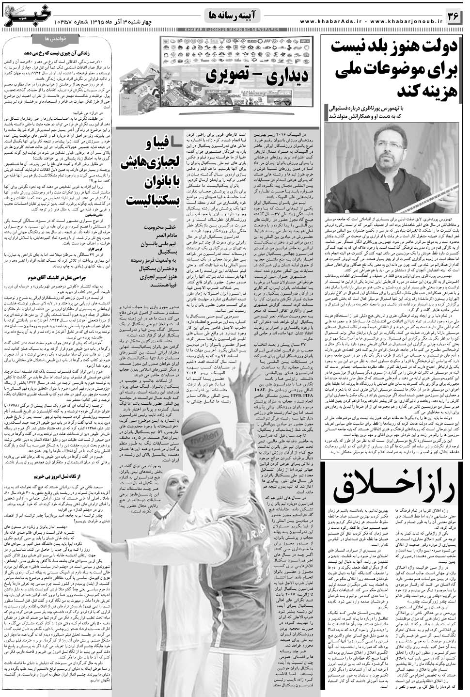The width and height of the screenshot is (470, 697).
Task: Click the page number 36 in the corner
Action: tap(453, 17)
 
